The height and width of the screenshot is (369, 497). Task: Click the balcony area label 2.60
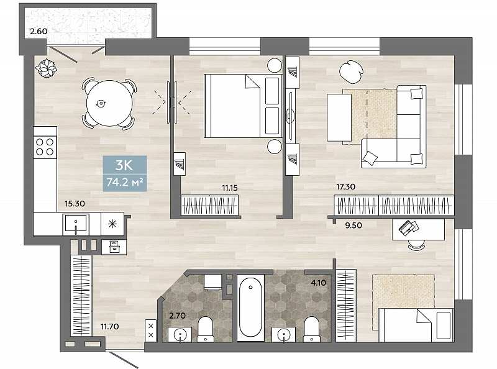tap(39, 32)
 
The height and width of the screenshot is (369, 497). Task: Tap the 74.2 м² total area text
tap(125, 182)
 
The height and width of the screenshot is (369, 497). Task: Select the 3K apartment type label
tap(124, 165)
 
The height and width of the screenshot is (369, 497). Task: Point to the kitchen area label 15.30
tap(75, 204)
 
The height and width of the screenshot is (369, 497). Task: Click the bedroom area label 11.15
tap(230, 188)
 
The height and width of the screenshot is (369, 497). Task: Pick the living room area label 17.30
tap(346, 187)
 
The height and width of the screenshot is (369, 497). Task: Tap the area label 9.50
tap(353, 225)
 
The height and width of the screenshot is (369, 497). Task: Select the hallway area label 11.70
tap(110, 326)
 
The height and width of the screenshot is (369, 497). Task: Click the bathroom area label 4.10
tap(319, 283)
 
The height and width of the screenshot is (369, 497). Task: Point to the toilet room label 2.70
tap(178, 316)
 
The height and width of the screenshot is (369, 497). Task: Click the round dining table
tap(110, 103)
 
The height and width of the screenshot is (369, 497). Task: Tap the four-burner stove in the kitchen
tap(45, 147)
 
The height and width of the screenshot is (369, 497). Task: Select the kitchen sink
tap(76, 223)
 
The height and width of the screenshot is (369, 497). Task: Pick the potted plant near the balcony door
tap(46, 68)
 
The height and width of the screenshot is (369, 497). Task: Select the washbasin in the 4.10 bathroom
tap(284, 335)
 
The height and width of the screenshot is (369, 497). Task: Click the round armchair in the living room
tap(351, 71)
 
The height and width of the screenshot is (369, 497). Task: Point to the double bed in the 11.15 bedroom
tap(243, 106)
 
